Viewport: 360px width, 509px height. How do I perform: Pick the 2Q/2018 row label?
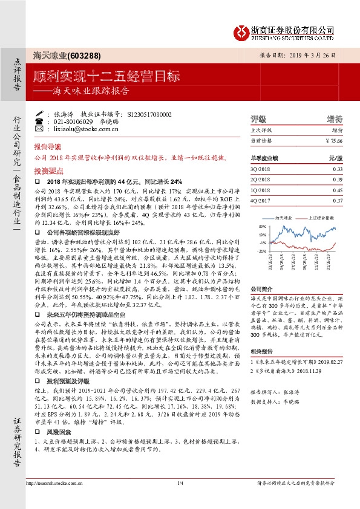point(261,180)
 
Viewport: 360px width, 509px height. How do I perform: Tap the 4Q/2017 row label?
point(261,200)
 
